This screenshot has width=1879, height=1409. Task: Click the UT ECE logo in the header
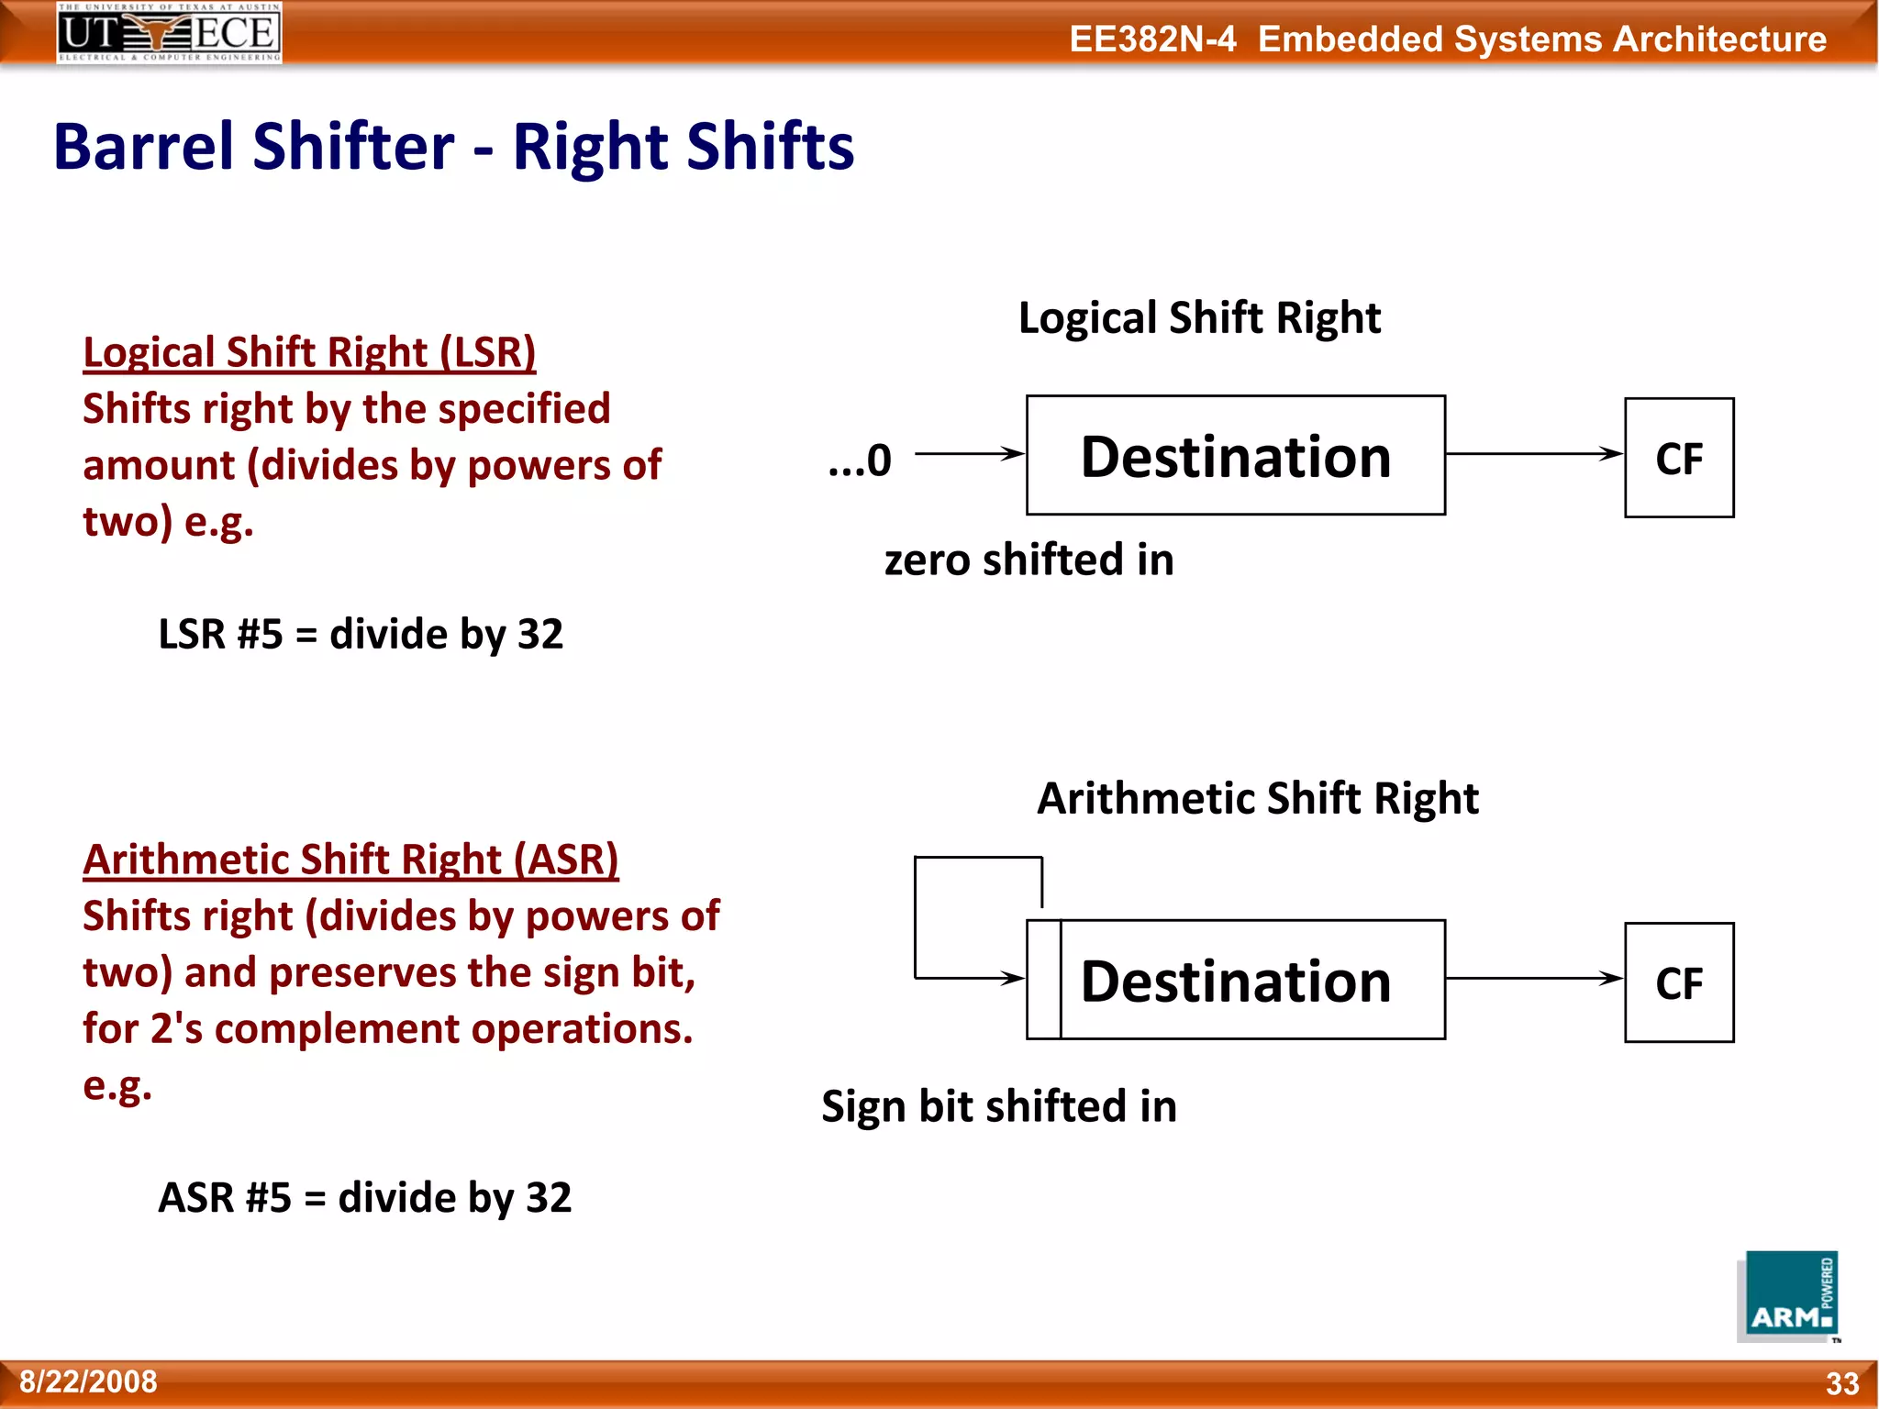pos(169,32)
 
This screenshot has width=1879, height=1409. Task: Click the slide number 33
pos(1841,1383)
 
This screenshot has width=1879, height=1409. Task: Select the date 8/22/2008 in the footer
pos(88,1381)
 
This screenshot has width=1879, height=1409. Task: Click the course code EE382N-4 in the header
pos(1152,39)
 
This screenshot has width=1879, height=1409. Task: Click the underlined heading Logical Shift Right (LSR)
pos(309,352)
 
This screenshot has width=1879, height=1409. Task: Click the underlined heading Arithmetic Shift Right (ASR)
pos(350,860)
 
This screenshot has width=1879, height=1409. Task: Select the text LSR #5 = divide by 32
pos(361,634)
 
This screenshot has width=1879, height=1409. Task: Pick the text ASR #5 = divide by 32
pos(364,1197)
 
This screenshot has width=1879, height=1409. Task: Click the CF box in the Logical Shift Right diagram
pos(1678,458)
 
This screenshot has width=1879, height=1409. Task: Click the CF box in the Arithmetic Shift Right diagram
pos(1678,982)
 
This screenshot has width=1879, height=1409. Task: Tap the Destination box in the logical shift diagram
pos(1235,456)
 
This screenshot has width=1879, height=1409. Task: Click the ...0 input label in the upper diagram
pos(860,460)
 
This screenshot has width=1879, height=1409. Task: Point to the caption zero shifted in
pos(1028,560)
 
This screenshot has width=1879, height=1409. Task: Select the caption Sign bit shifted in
pos(998,1106)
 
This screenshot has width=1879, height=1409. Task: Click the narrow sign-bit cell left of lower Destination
pos(1043,980)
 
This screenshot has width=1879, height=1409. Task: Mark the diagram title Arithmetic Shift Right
pos(1257,798)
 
